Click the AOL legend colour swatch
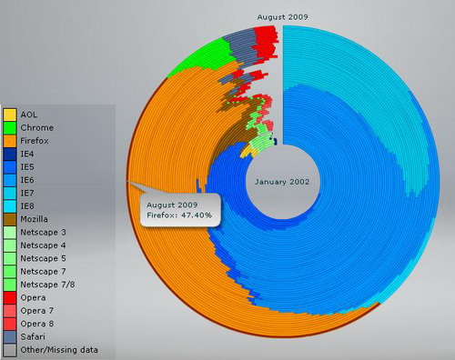point(10,115)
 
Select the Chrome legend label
point(37,127)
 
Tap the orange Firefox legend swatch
point(10,141)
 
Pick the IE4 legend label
point(27,154)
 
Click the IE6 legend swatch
point(10,180)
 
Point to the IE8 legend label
point(27,206)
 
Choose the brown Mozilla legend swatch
point(10,219)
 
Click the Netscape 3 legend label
point(43,233)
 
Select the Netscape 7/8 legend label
point(47,285)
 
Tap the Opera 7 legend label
point(37,311)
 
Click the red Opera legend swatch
point(10,297)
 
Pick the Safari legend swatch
point(10,336)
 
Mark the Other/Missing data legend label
point(59,350)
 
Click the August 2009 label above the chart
point(282,17)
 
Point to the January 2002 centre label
point(282,182)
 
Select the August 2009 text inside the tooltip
point(172,205)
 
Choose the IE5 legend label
point(27,167)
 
